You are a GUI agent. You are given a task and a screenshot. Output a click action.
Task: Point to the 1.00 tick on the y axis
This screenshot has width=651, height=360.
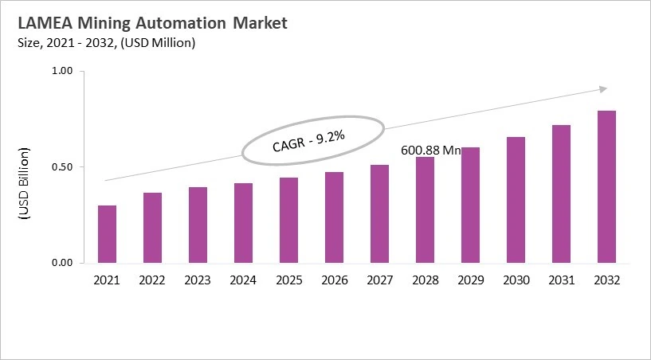coord(62,72)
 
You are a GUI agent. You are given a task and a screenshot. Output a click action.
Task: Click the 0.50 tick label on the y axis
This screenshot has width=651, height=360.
coord(62,167)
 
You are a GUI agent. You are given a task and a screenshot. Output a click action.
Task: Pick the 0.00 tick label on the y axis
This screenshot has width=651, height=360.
coord(62,263)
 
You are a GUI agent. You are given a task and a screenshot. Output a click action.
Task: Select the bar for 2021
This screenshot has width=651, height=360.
coord(107,234)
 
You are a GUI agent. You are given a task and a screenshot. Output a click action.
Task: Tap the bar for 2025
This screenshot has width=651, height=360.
coord(288,221)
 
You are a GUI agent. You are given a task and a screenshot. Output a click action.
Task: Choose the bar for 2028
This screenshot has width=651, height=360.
coord(425,210)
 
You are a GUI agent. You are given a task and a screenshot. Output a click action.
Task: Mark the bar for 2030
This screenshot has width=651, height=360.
coord(516,200)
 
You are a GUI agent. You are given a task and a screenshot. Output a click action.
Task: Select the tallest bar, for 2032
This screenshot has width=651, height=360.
coord(606,187)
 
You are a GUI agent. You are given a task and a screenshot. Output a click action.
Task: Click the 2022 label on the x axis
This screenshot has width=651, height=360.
coord(152,280)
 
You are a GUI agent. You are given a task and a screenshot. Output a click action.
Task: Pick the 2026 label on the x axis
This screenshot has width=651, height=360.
coord(334,280)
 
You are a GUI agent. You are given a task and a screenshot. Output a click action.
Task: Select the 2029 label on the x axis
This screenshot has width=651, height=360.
coord(470,280)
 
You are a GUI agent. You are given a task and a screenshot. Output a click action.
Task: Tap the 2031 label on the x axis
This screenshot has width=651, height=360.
coord(561,280)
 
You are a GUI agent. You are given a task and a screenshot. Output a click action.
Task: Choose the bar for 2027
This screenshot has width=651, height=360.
coord(379,214)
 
